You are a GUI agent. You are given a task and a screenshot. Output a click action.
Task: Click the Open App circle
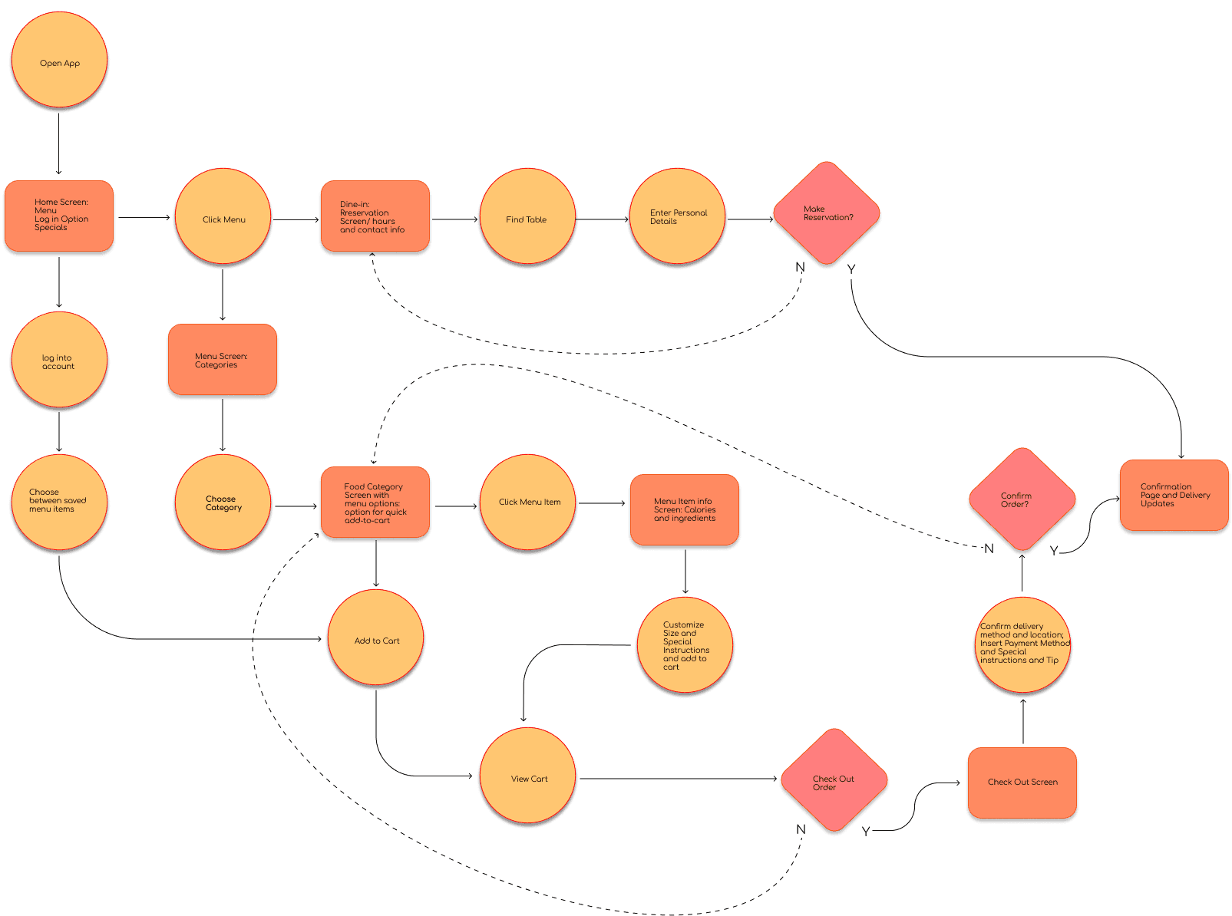[59, 61]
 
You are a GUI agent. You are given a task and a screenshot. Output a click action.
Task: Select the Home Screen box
[59, 216]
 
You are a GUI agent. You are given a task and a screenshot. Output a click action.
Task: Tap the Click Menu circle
[223, 218]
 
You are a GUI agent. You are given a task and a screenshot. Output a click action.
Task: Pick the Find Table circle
[527, 218]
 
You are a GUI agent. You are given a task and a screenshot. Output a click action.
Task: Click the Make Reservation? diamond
[827, 214]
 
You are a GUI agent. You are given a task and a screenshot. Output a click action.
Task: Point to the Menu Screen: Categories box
[223, 360]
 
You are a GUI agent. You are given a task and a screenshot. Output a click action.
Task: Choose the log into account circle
[59, 361]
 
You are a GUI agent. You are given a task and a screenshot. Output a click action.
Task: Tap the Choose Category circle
[223, 503]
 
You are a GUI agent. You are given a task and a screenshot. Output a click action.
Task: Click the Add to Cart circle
[376, 639]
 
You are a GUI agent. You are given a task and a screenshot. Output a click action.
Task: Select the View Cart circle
[527, 777]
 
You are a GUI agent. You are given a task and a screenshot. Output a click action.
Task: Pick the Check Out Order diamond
[834, 782]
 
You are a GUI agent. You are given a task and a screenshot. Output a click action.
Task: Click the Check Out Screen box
[1022, 783]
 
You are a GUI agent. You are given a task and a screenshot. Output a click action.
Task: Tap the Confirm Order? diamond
[1022, 500]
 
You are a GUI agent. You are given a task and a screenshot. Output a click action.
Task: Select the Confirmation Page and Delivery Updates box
[1174, 496]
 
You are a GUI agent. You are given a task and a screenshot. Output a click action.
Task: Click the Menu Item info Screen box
[684, 510]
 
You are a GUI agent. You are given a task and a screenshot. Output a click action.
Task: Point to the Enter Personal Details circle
[677, 217]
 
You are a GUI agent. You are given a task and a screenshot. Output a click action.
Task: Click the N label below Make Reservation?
[800, 267]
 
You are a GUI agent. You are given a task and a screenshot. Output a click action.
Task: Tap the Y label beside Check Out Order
[866, 832]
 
